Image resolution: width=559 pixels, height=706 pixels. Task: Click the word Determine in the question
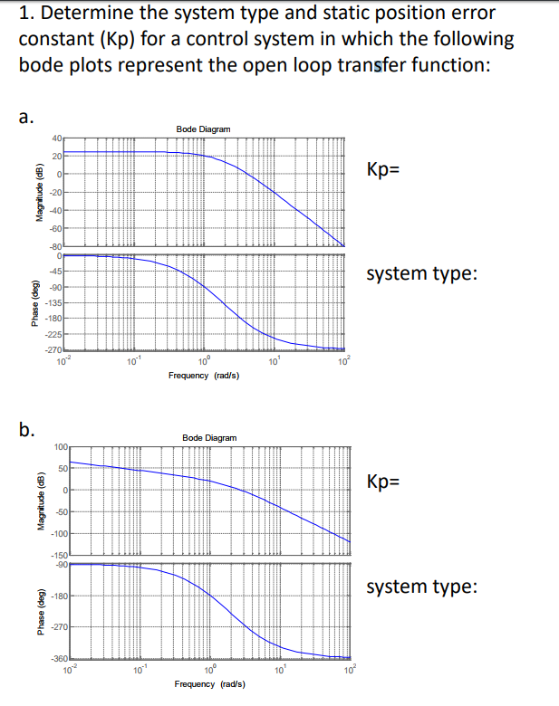96,14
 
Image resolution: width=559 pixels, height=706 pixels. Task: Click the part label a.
27,116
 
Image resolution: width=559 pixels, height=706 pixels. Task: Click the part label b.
28,429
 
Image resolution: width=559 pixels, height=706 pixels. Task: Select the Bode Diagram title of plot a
203,129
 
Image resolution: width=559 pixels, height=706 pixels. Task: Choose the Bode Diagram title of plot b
209,438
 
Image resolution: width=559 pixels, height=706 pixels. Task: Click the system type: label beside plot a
420,273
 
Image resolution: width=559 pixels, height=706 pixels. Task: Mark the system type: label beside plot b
420,587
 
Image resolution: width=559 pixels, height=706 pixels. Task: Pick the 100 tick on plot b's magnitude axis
61,447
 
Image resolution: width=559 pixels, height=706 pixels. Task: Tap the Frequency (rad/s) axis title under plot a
203,374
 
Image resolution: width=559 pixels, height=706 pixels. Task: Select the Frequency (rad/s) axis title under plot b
207,684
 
